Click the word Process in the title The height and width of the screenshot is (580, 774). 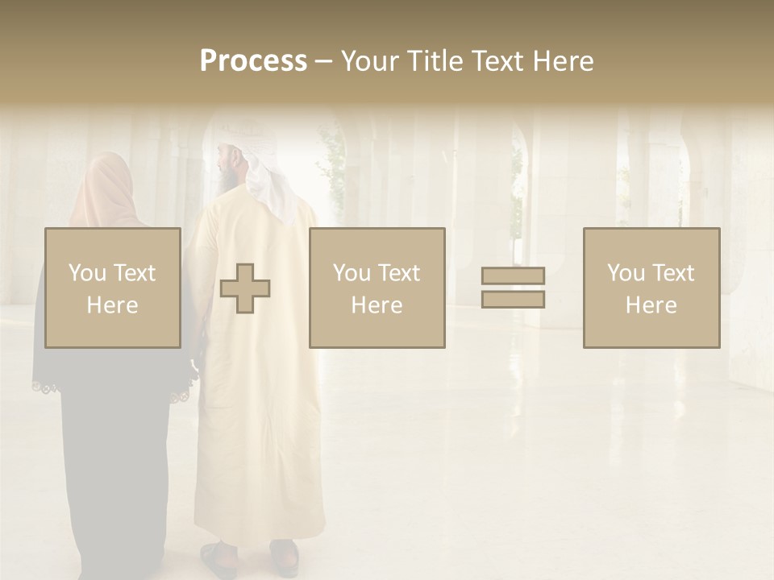253,61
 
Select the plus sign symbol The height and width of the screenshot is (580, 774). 245,288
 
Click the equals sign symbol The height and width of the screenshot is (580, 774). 513,288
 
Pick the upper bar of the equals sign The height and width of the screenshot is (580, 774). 513,276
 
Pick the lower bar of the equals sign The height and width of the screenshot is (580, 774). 513,299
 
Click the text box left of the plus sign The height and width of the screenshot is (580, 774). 113,288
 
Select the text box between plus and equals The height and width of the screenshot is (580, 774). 377,288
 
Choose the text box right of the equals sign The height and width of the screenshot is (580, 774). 651,288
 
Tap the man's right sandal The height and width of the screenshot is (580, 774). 285,555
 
